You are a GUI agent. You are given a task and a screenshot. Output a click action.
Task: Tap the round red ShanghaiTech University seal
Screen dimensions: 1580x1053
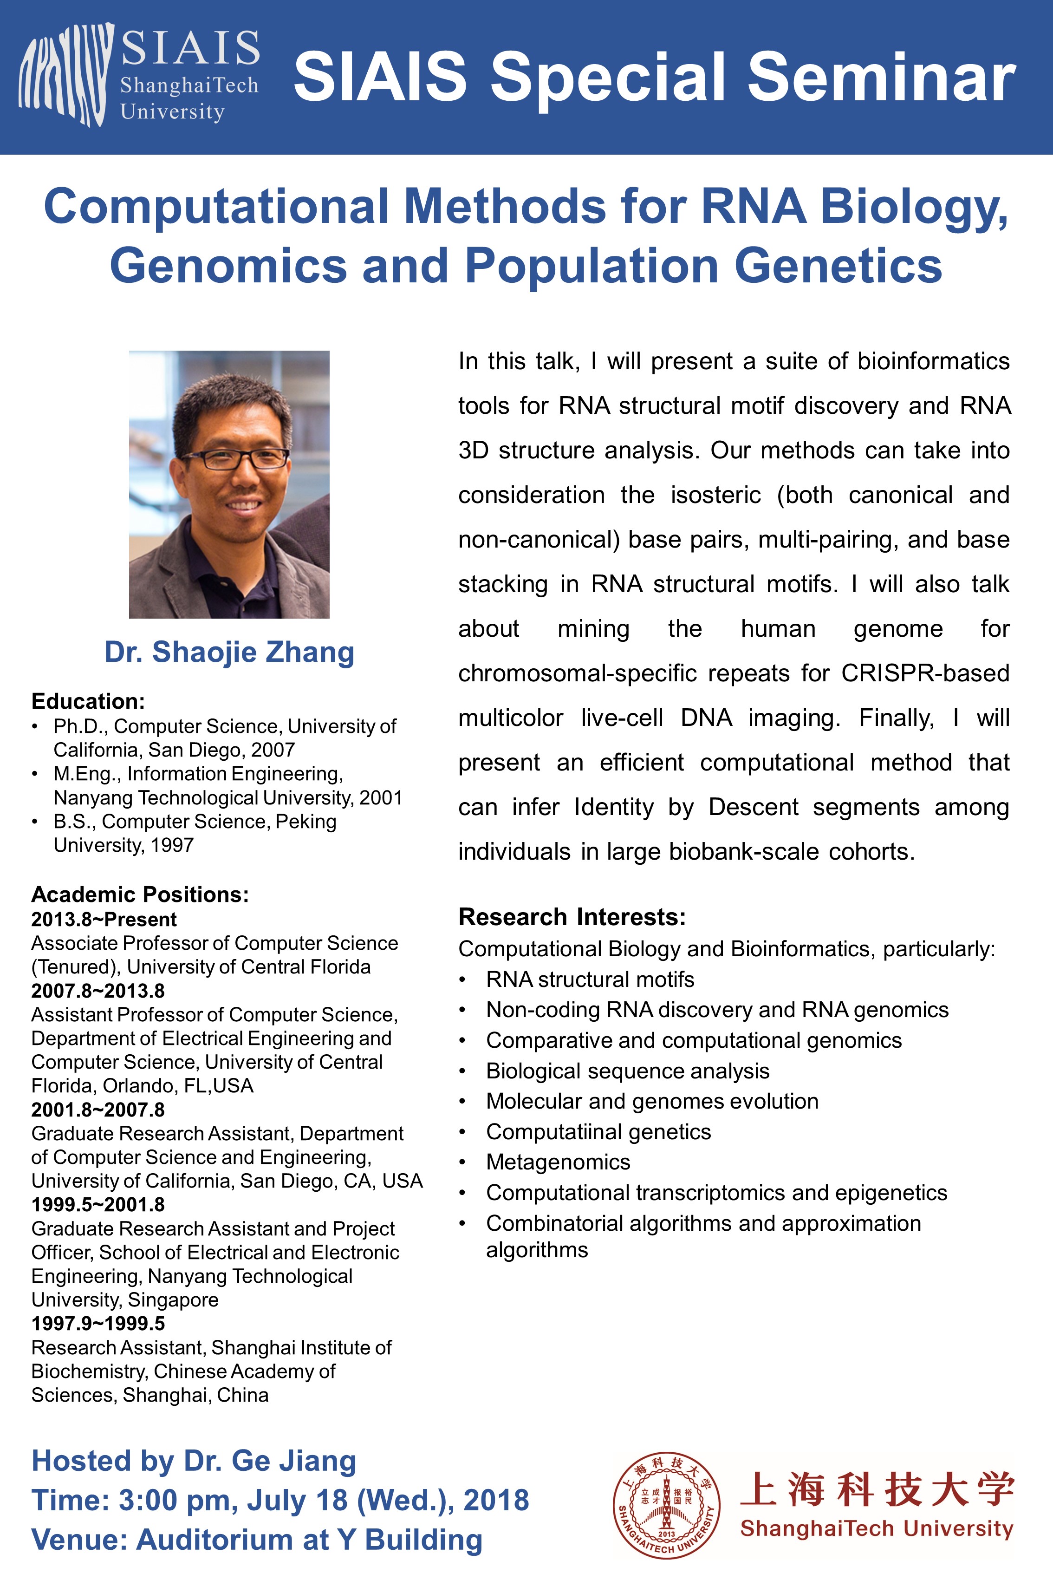[x=666, y=1505]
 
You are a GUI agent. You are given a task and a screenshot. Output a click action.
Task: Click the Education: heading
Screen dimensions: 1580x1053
[x=88, y=701]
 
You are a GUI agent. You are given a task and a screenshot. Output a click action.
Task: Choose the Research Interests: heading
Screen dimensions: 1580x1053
[x=572, y=917]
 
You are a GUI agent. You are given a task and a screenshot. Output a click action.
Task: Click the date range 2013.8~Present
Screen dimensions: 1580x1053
[x=104, y=920]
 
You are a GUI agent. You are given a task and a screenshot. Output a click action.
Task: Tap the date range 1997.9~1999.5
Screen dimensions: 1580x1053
[x=98, y=1323]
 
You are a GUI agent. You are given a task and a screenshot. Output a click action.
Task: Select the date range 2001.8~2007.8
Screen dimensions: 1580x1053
[x=98, y=1110]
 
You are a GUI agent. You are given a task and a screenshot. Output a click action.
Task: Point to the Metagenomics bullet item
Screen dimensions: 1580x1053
[x=558, y=1162]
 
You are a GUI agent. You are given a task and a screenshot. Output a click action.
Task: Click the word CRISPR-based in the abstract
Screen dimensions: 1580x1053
[x=925, y=673]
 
